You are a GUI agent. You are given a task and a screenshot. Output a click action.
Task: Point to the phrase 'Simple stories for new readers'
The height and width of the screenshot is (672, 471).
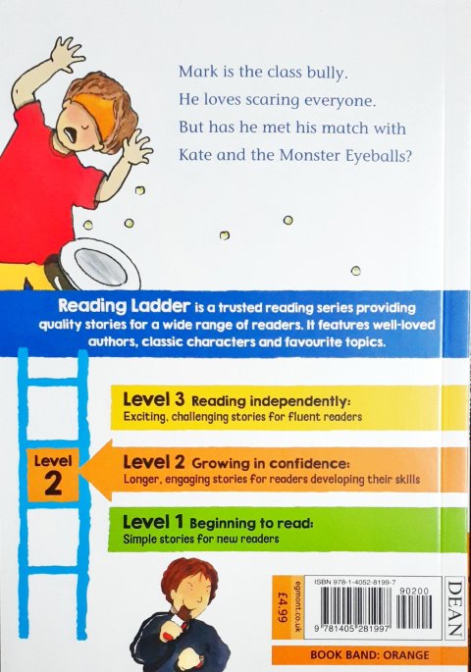[x=201, y=540]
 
